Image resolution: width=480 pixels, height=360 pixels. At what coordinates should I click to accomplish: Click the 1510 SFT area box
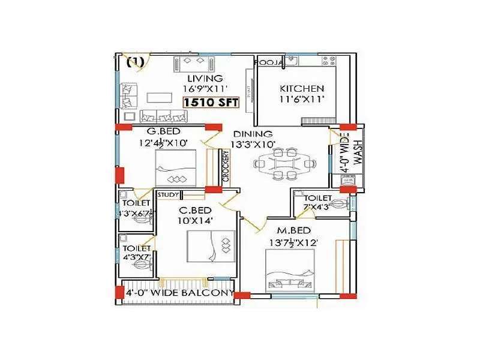[211, 102]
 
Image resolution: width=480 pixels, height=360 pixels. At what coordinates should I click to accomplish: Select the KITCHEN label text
[302, 89]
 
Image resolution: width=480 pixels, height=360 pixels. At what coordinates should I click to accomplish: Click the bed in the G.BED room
[176, 169]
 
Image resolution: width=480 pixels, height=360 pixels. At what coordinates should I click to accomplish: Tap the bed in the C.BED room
[209, 247]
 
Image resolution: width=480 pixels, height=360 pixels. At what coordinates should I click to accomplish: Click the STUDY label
[167, 194]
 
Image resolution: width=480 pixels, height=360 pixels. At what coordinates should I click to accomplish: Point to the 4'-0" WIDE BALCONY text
[179, 293]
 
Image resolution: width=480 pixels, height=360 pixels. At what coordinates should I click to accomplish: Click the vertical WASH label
[358, 154]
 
